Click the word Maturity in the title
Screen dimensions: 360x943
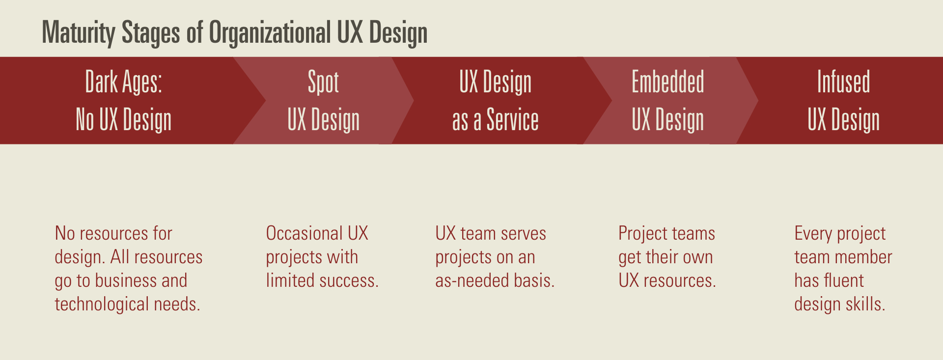click(x=79, y=33)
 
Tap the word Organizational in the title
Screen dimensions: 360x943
click(x=270, y=33)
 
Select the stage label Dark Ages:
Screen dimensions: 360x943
click(x=123, y=82)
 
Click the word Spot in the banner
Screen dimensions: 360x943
click(x=323, y=82)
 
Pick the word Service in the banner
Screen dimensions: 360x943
click(x=512, y=120)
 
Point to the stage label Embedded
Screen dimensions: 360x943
click(x=667, y=82)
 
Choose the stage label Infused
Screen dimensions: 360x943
click(x=843, y=82)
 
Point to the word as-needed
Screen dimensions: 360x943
click(x=472, y=281)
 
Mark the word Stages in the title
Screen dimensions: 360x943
click(x=151, y=33)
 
